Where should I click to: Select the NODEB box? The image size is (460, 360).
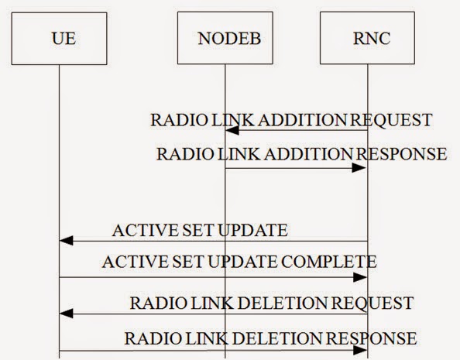[225, 38]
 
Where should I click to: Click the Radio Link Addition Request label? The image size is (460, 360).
[290, 121]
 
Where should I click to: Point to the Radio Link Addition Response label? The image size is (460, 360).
[301, 153]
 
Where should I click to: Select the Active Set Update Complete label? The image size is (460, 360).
[239, 262]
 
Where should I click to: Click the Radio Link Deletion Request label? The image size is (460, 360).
[272, 301]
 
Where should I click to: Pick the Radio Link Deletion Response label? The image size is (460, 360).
[271, 338]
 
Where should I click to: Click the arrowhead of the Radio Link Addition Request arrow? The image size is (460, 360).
[231, 132]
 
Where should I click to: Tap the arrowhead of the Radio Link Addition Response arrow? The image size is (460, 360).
[361, 166]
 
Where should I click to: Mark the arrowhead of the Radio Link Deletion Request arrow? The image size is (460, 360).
[66, 314]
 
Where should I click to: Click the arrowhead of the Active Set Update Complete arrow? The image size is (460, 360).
[361, 276]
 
